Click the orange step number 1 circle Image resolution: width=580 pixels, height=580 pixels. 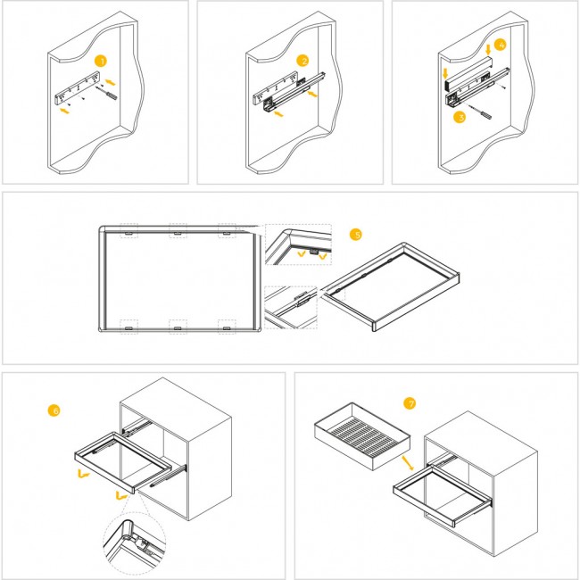[100, 61]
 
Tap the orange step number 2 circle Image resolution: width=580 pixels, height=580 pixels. [302, 61]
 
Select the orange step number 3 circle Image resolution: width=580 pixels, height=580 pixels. [460, 118]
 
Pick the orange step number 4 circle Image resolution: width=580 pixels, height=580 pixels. [500, 46]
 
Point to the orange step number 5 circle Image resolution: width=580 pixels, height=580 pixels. [356, 235]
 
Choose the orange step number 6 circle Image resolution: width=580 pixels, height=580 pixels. [54, 410]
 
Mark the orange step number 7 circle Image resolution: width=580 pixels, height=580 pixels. [410, 403]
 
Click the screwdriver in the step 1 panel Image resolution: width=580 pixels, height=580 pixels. [107, 93]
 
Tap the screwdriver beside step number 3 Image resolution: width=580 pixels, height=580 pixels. [480, 112]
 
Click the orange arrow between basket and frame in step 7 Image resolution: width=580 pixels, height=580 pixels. [408, 463]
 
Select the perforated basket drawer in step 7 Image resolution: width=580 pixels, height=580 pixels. [362, 436]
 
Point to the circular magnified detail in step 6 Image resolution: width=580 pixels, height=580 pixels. [134, 543]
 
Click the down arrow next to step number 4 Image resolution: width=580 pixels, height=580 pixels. [488, 50]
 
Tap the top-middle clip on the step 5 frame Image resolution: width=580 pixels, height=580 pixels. [178, 234]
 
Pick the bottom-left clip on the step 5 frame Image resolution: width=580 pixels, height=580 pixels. [128, 328]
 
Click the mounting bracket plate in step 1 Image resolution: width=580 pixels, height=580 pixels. [78, 88]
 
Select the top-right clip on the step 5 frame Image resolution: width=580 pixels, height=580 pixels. [227, 234]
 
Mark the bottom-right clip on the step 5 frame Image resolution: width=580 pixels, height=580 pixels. [227, 328]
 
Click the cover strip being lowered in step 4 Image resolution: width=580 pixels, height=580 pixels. [468, 73]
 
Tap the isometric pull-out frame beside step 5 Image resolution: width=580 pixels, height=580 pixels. [390, 286]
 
